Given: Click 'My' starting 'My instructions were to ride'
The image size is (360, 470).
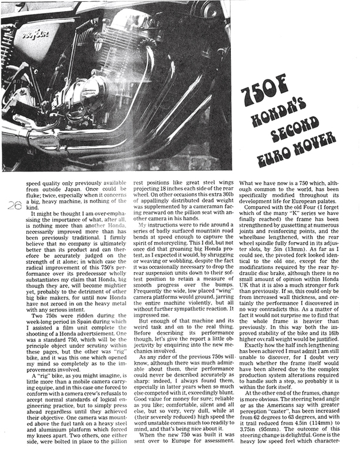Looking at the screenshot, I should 144,224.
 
